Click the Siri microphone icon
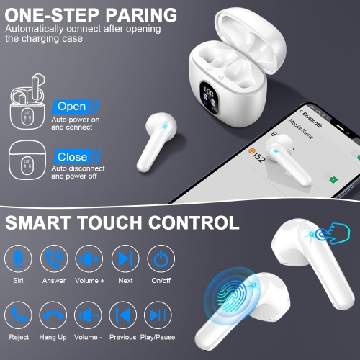pos(18,258)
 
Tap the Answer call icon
pos(53,258)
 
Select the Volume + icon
pos(89,258)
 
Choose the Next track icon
pos(125,258)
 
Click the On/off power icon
pos(160,258)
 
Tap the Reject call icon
pos(18,315)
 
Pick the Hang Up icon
pos(53,315)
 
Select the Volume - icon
pos(89,315)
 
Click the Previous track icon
pos(125,315)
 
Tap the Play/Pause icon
pos(160,315)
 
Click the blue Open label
pos(71,107)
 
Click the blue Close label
pos(72,156)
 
